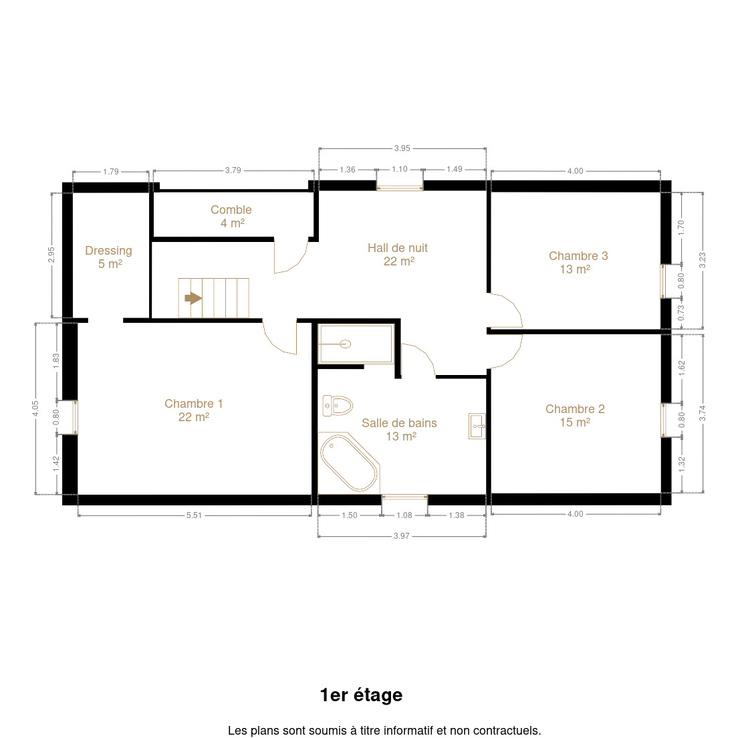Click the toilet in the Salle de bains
[x=338, y=406]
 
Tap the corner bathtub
[x=349, y=463]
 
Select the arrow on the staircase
[x=193, y=298]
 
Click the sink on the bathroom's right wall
[x=477, y=426]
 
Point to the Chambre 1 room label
[x=193, y=410]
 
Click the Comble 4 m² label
[x=231, y=216]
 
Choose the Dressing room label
[x=109, y=257]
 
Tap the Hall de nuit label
[x=398, y=254]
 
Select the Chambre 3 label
[x=578, y=262]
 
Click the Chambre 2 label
[x=575, y=415]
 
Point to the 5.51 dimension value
[x=194, y=515]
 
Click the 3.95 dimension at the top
[x=402, y=148]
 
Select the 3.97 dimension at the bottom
[x=402, y=536]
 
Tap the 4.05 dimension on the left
[x=35, y=408]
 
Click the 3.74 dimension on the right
[x=702, y=413]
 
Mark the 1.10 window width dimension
[x=400, y=169]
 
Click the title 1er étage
[x=361, y=695]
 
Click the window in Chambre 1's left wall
[x=75, y=417]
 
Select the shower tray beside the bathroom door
[x=356, y=344]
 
